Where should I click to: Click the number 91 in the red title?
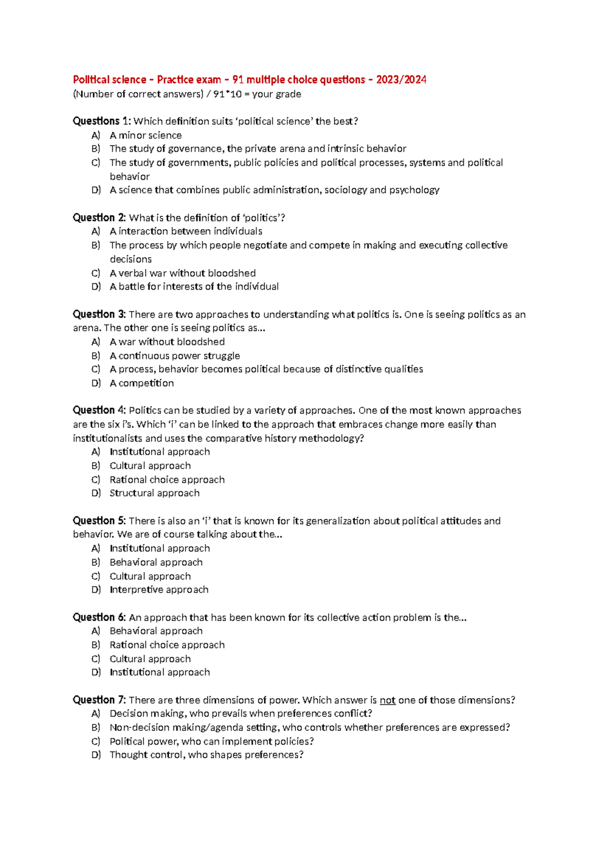tap(237, 80)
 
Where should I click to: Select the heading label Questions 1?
tap(102, 121)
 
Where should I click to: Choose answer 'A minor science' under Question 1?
tap(145, 135)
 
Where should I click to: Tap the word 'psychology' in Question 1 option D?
tap(414, 190)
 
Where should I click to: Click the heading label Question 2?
tap(99, 218)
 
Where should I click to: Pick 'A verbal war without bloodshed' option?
tap(182, 273)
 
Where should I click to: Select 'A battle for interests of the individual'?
tap(194, 287)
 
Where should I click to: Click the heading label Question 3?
tap(99, 314)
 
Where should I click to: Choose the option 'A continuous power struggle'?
tap(174, 356)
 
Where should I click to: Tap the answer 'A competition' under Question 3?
tap(141, 383)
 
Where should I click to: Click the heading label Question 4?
tap(99, 410)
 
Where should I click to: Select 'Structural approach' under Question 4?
tap(155, 493)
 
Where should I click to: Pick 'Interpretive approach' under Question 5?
tap(159, 590)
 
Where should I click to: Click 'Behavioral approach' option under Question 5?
tap(156, 562)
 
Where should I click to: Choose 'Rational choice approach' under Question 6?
tap(167, 644)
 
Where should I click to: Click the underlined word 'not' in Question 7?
tap(387, 700)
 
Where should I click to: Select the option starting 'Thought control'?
tap(206, 755)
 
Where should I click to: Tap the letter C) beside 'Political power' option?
tap(96, 741)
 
